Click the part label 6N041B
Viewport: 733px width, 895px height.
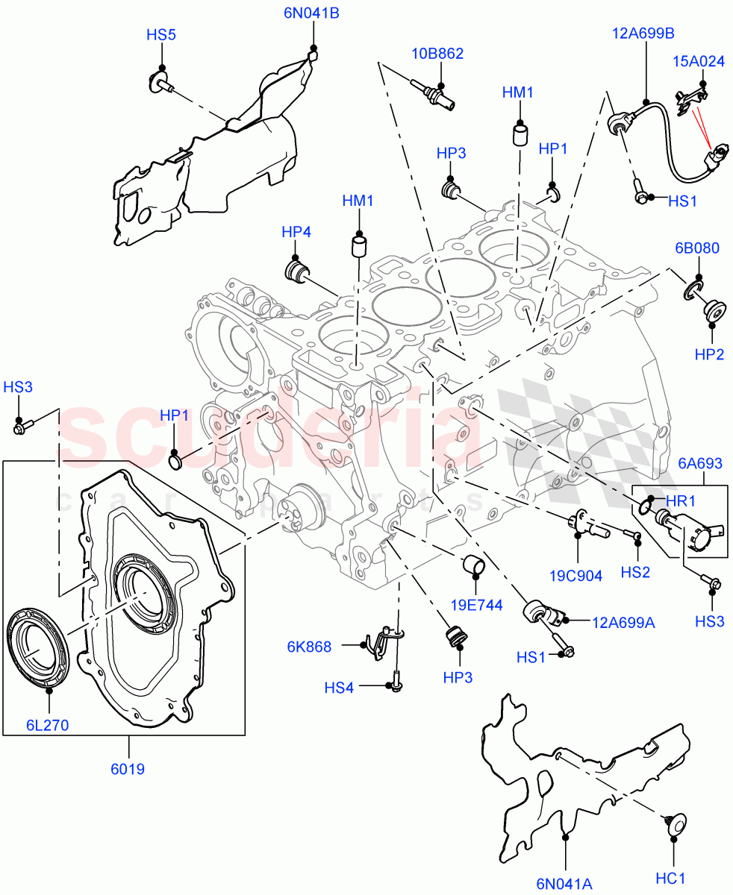pos(312,13)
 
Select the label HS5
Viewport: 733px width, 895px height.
pos(160,34)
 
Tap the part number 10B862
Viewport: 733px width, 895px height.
pos(437,54)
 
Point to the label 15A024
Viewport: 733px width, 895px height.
pos(699,61)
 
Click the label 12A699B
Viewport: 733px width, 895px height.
pos(643,34)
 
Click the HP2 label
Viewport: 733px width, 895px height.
pos(709,354)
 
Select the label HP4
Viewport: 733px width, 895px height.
pos(296,232)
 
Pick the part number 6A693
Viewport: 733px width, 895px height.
pos(699,464)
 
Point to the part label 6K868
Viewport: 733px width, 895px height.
pos(308,647)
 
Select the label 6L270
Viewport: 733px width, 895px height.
pos(47,724)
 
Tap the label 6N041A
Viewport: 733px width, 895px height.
pos(564,884)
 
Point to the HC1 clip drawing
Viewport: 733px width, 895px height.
pos(672,824)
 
